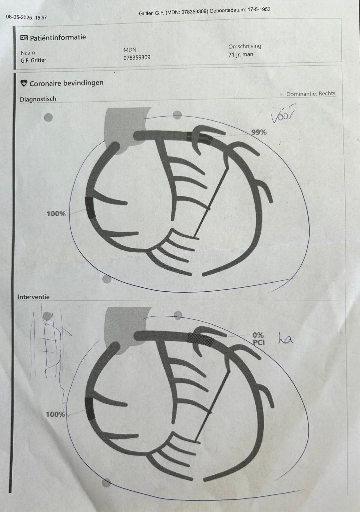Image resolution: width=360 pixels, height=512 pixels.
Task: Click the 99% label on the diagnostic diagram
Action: [x=259, y=132]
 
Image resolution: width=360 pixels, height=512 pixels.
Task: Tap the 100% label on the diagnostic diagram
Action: [x=56, y=214]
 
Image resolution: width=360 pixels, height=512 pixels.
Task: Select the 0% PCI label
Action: [x=259, y=339]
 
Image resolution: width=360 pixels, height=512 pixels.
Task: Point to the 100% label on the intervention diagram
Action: [x=55, y=414]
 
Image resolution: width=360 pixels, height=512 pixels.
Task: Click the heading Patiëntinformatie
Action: [x=58, y=37]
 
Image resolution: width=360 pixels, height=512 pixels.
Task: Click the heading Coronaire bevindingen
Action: [x=66, y=83]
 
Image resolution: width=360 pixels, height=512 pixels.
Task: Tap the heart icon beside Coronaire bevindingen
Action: [x=24, y=83]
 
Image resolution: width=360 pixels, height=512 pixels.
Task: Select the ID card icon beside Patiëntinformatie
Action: [x=24, y=38]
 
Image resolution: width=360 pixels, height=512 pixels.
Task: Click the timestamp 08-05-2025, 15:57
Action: [x=26, y=17]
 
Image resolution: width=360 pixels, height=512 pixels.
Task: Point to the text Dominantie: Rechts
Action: [x=311, y=94]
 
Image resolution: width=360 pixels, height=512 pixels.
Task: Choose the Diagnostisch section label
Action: [x=38, y=99]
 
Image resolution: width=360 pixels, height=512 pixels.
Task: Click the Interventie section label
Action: [x=34, y=297]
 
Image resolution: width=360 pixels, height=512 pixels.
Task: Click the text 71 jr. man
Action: [x=241, y=54]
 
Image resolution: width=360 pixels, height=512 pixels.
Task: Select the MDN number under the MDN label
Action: [x=137, y=57]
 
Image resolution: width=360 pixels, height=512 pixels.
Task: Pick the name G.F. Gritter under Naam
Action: [x=33, y=60]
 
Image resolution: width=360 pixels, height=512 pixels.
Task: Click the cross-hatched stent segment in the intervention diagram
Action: [x=201, y=340]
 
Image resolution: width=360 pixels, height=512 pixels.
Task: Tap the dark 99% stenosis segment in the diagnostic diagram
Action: [x=200, y=138]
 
